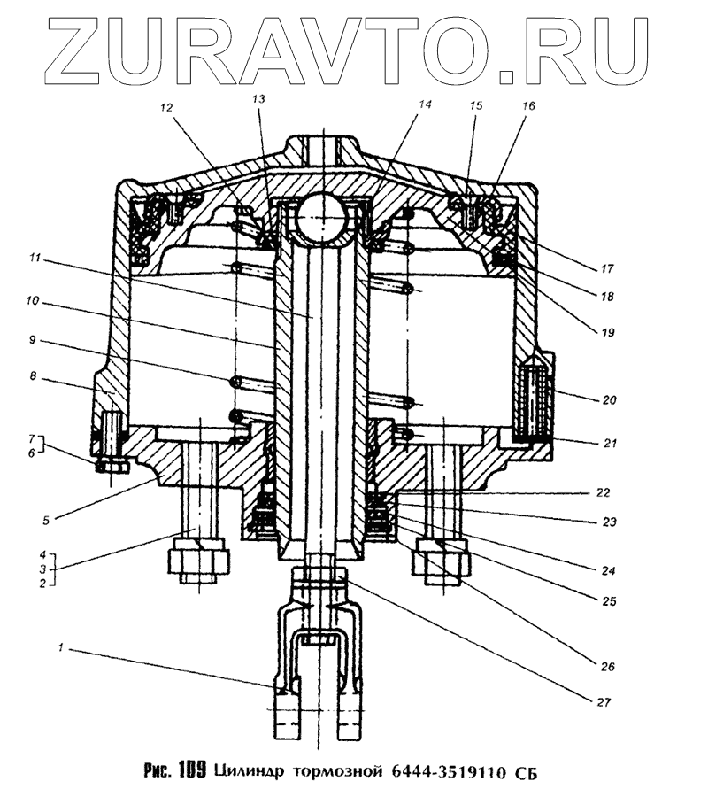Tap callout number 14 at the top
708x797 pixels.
(x=424, y=104)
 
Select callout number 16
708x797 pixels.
(x=528, y=104)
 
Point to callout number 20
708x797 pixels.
(x=609, y=399)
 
